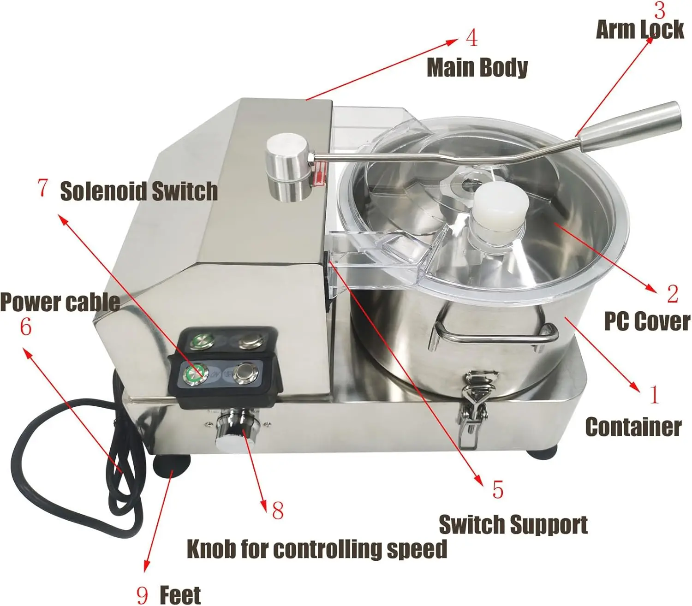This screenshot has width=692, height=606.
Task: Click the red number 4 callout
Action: pyautogui.click(x=471, y=38)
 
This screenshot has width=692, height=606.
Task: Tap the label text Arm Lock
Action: pyautogui.click(x=640, y=30)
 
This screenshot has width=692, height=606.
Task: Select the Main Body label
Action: pyautogui.click(x=477, y=68)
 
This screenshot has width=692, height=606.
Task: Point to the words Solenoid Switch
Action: pyautogui.click(x=139, y=191)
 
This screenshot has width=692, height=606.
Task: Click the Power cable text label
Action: pyautogui.click(x=60, y=303)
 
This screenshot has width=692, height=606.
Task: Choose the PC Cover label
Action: pyautogui.click(x=647, y=321)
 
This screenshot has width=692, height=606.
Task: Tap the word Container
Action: pyautogui.click(x=633, y=427)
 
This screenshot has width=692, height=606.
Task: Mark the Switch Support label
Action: pyautogui.click(x=513, y=525)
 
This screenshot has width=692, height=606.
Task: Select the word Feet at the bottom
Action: pyautogui.click(x=180, y=595)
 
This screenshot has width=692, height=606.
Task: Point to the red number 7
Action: pyautogui.click(x=42, y=188)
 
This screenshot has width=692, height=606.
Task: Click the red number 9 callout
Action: pyautogui.click(x=143, y=595)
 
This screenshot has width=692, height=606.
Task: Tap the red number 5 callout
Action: pyautogui.click(x=497, y=490)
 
